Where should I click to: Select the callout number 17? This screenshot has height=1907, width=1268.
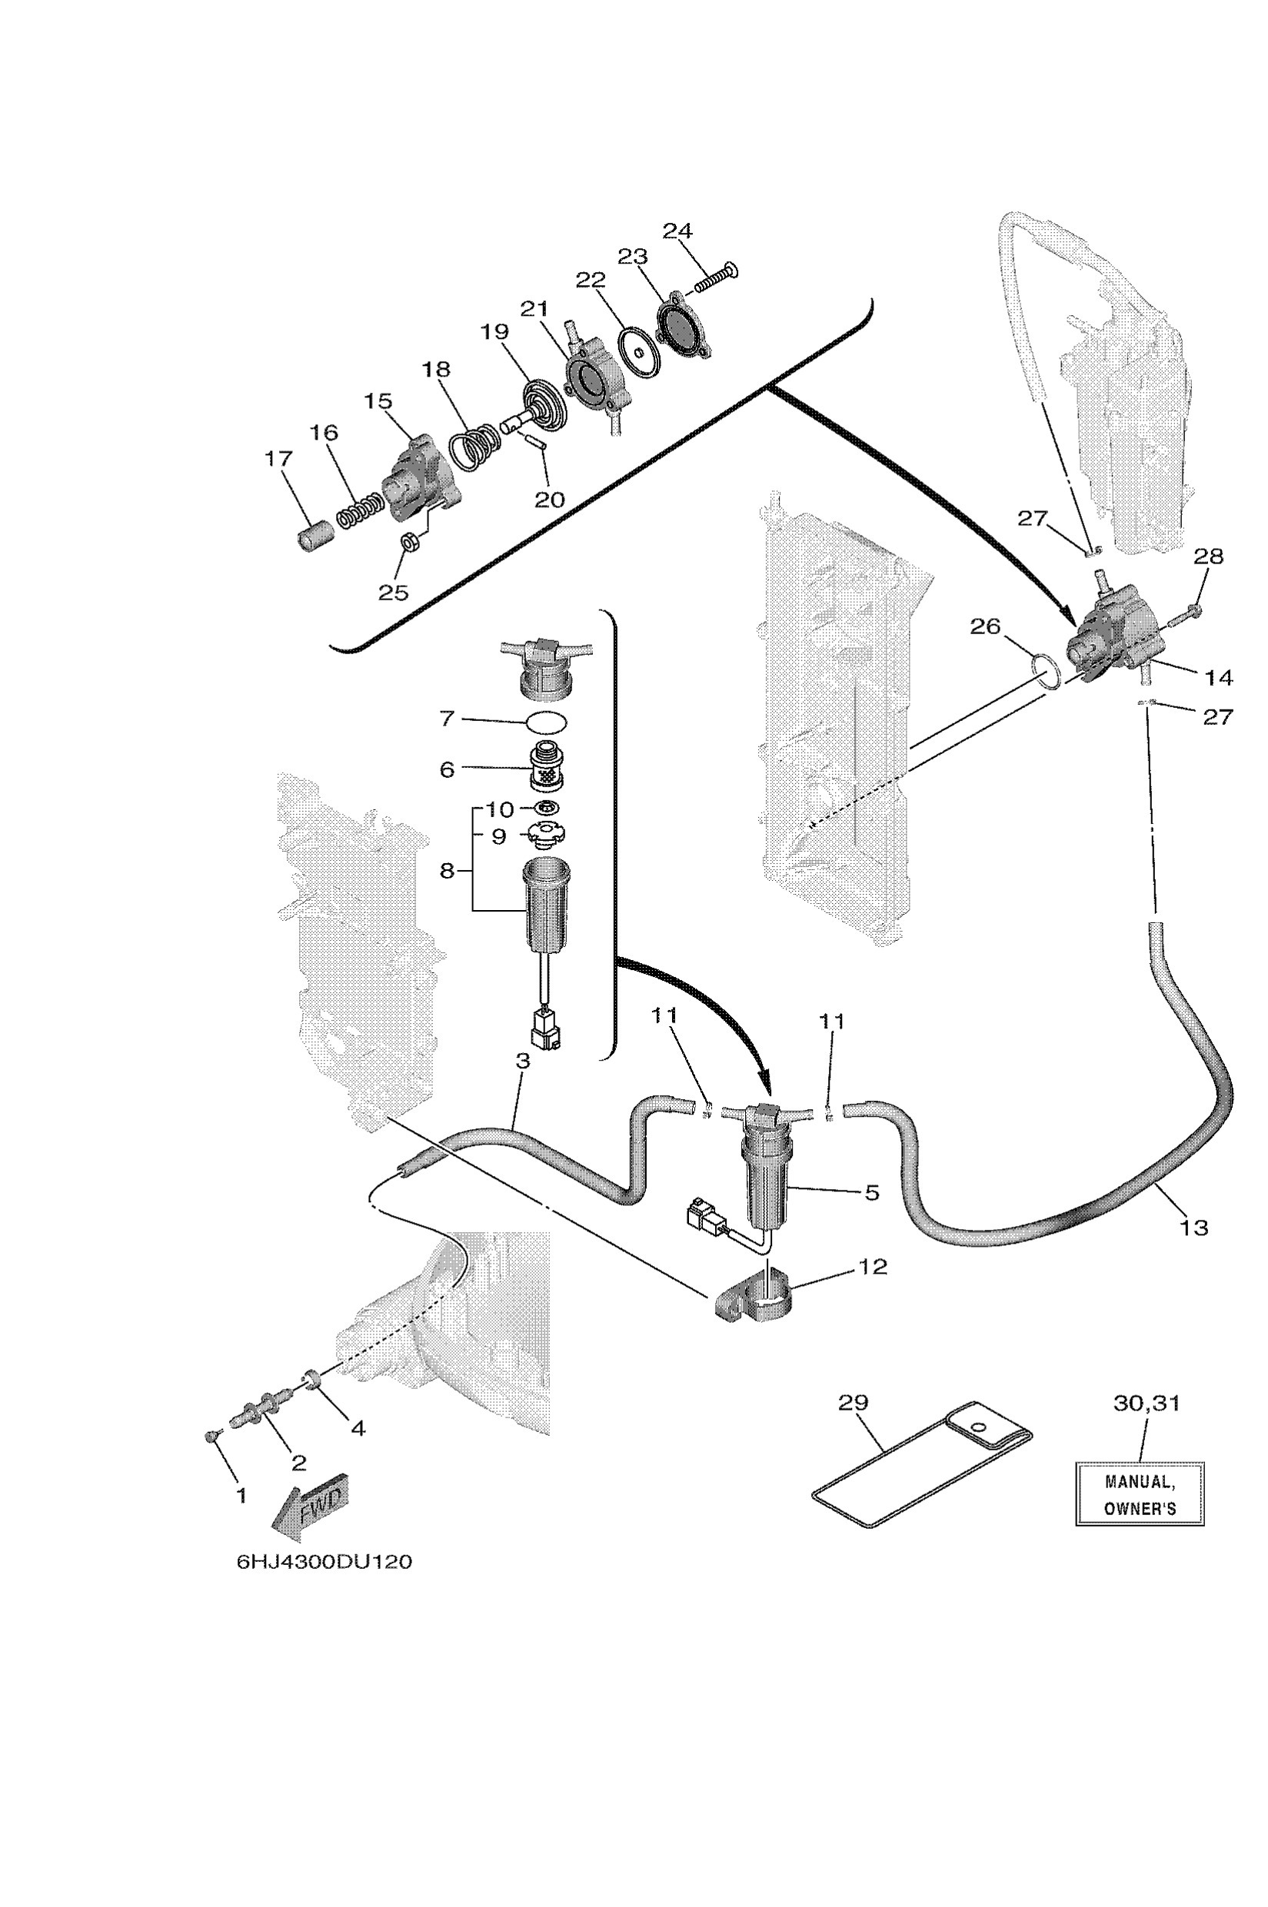pyautogui.click(x=278, y=459)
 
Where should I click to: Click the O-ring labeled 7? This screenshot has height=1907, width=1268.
pyautogui.click(x=547, y=720)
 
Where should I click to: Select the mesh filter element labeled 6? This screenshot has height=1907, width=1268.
pyautogui.click(x=547, y=769)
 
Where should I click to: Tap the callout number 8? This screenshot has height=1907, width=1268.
pyautogui.click(x=448, y=871)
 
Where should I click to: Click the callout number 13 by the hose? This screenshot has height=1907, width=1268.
pyautogui.click(x=1193, y=1228)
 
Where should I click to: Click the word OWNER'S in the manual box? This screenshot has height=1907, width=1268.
pyautogui.click(x=1140, y=1509)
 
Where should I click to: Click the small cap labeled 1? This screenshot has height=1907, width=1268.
pyautogui.click(x=213, y=1436)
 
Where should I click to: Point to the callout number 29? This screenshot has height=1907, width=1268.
pyautogui.click(x=852, y=1401)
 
